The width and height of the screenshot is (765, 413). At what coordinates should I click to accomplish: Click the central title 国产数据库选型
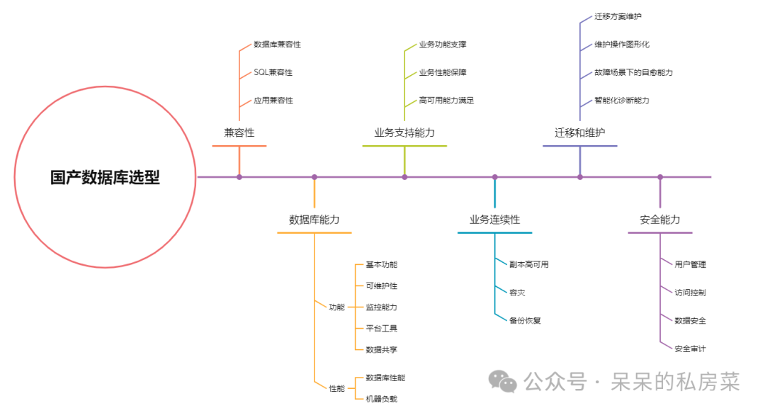click(x=105, y=178)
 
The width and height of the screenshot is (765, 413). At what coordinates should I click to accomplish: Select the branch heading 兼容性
click(x=239, y=132)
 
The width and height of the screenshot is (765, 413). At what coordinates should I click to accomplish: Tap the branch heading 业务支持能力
click(x=404, y=132)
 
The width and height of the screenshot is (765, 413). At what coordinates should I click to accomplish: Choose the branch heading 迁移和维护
click(x=579, y=132)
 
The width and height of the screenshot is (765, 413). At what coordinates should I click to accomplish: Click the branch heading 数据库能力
click(x=314, y=220)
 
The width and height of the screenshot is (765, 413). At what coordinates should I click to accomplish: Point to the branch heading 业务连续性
click(x=494, y=220)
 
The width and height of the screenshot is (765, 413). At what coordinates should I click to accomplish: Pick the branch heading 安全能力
click(x=659, y=220)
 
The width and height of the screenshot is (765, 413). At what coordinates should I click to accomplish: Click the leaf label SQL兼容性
click(x=273, y=72)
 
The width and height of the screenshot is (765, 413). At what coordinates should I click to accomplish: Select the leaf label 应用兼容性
click(x=273, y=101)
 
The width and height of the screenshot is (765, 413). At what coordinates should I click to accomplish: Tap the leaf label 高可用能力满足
click(x=446, y=101)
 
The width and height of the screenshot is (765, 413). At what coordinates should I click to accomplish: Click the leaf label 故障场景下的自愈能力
click(x=633, y=72)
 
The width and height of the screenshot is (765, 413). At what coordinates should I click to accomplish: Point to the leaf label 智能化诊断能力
click(x=621, y=101)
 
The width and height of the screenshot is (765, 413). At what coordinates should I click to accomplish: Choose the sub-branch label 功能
click(x=336, y=307)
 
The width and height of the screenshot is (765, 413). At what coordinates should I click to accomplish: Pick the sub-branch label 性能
click(x=336, y=388)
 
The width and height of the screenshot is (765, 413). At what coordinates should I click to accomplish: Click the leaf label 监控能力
click(x=381, y=307)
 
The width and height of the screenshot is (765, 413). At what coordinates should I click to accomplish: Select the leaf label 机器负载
click(x=381, y=399)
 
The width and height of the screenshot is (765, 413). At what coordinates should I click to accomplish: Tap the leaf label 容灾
click(x=517, y=292)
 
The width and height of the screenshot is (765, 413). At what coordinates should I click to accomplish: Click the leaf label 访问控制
click(x=690, y=292)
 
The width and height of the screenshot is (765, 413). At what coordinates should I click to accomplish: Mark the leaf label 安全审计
click(x=690, y=349)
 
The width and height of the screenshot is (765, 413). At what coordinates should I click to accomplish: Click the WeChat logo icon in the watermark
click(x=505, y=383)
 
